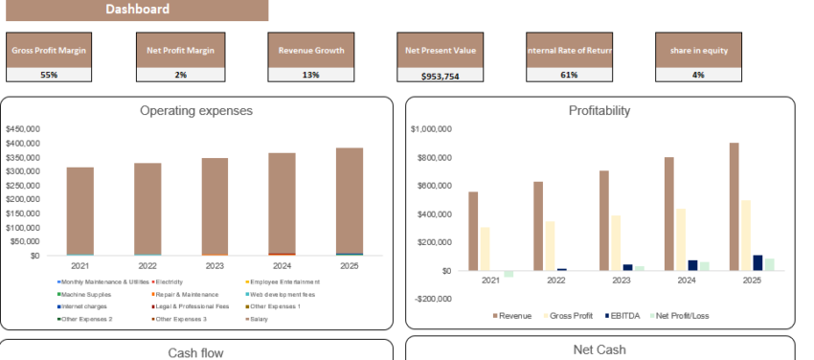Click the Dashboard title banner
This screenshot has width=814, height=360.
[x=134, y=10]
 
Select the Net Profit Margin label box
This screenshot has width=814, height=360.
[x=180, y=51]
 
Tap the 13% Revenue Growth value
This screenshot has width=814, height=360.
[x=310, y=75]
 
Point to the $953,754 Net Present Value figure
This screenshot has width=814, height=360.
[x=440, y=76]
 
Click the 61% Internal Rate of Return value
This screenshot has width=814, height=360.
[x=569, y=75]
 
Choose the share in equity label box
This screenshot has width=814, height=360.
[x=699, y=51]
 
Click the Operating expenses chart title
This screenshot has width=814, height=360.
[x=196, y=111]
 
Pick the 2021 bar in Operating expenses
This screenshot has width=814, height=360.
[x=79, y=211]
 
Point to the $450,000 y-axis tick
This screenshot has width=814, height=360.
[x=21, y=128]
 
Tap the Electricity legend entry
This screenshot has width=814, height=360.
[x=169, y=281]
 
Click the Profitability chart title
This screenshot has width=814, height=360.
[x=599, y=111]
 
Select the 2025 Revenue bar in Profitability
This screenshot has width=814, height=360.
[x=733, y=206]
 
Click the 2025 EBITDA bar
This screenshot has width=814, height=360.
[x=757, y=262]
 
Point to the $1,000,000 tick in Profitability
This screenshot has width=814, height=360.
[x=430, y=128]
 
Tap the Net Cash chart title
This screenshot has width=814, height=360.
[x=599, y=349]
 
